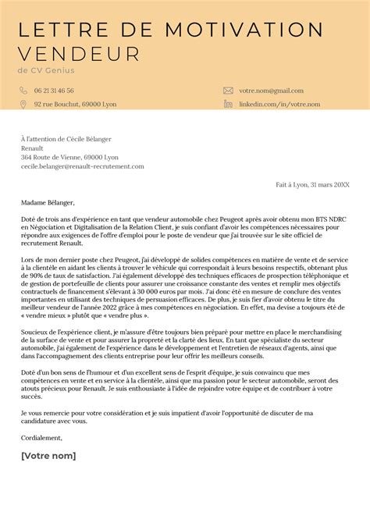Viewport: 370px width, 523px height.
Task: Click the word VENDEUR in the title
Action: (x=78, y=54)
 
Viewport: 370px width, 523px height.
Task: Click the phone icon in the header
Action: (x=24, y=91)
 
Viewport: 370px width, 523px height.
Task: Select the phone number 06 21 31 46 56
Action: (x=54, y=91)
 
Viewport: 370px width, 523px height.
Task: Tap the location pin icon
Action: (x=24, y=104)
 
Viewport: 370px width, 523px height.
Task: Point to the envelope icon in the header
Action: (x=228, y=91)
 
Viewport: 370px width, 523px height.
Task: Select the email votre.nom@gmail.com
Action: (x=271, y=91)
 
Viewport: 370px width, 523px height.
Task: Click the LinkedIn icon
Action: (x=228, y=104)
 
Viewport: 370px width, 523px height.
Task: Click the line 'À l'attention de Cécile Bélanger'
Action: (x=71, y=137)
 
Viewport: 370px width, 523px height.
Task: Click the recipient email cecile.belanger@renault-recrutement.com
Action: (x=83, y=165)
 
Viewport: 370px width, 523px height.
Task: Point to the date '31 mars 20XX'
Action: (x=331, y=185)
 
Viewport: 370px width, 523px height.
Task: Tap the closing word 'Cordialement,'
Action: (x=42, y=439)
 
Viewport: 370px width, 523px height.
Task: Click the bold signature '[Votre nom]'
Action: (x=48, y=455)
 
